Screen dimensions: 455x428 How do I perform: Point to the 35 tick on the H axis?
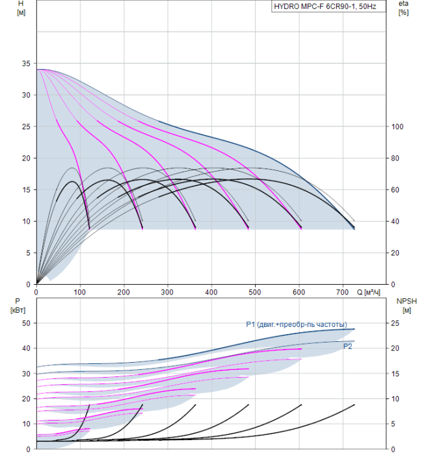coord(26,64)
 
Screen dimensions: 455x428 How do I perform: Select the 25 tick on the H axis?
coord(26,127)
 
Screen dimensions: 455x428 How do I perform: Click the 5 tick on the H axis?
coord(28,253)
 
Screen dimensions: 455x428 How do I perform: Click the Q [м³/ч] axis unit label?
coord(374,292)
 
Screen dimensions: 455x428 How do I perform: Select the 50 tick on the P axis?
coord(26,323)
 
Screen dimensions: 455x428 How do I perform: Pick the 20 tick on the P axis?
coord(26,398)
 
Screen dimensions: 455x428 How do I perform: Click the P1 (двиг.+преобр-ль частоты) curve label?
coord(296,324)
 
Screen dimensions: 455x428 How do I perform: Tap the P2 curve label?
coord(348,347)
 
